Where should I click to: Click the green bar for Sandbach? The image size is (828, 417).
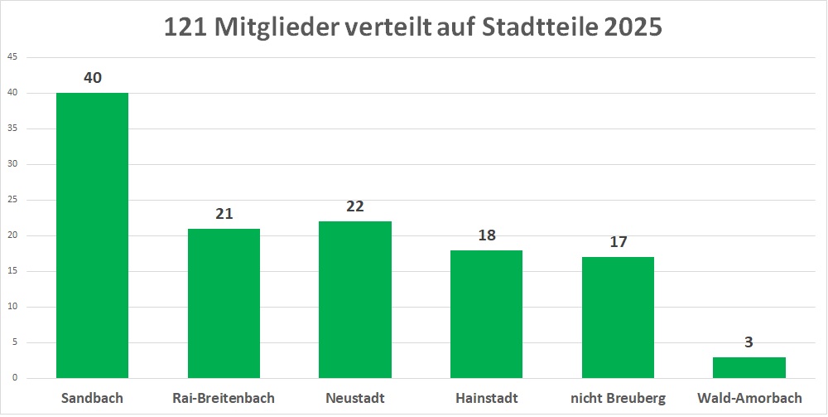pyautogui.click(x=92, y=235)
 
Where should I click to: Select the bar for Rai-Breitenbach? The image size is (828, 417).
pyautogui.click(x=224, y=303)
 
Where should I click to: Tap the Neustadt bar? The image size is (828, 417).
pyautogui.click(x=355, y=299)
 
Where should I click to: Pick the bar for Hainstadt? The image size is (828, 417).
pyautogui.click(x=486, y=314)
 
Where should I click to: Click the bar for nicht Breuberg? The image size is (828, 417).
pyautogui.click(x=618, y=318)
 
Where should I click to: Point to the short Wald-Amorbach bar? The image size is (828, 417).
pyautogui.click(x=749, y=367)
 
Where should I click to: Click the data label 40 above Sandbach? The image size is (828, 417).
pyautogui.click(x=93, y=78)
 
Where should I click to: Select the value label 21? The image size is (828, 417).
pyautogui.click(x=224, y=214)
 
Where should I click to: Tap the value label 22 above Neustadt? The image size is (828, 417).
pyautogui.click(x=355, y=206)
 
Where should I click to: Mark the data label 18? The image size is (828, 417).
pyautogui.click(x=486, y=235)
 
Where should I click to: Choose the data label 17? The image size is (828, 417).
pyautogui.click(x=618, y=242)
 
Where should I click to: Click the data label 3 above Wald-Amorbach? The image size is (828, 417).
pyautogui.click(x=749, y=342)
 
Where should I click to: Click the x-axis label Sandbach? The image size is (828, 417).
pyautogui.click(x=92, y=399)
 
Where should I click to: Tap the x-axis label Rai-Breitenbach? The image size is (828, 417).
pyautogui.click(x=224, y=399)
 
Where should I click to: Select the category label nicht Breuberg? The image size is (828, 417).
pyautogui.click(x=618, y=399)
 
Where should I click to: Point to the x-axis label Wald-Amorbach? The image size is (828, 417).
pyautogui.click(x=749, y=399)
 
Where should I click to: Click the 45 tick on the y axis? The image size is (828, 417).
pyautogui.click(x=12, y=58)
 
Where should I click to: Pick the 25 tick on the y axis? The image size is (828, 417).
pyautogui.click(x=12, y=201)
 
